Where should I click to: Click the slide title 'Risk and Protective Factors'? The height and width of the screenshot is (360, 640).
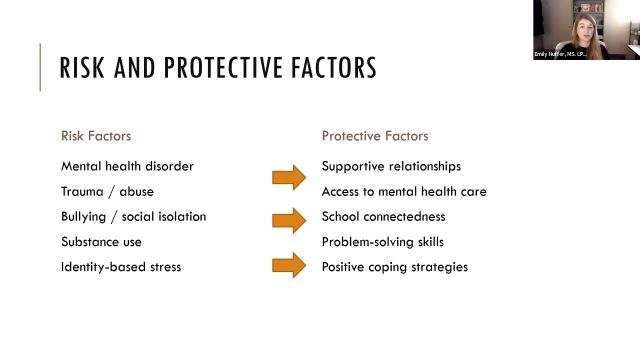point(218,68)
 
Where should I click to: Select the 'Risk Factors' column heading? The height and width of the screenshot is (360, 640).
point(96,136)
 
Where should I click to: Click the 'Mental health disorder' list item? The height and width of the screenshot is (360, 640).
point(127,166)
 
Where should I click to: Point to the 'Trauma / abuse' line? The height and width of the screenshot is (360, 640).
point(107,191)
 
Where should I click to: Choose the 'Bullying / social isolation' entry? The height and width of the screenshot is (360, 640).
point(134,216)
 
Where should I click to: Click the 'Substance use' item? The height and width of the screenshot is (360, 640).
point(101,241)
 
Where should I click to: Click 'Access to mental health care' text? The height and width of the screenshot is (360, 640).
point(404,191)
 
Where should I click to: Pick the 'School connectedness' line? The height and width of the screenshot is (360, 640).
point(383,216)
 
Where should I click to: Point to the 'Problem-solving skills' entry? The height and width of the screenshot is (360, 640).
point(382,241)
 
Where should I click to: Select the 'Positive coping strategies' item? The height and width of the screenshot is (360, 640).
point(394,266)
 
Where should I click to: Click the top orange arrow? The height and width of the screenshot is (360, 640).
point(288,179)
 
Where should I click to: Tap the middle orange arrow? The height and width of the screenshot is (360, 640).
point(288,217)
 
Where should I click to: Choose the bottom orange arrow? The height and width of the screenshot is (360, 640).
point(288,266)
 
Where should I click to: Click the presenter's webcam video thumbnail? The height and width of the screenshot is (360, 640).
point(586,30)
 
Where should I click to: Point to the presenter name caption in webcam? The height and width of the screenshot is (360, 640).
point(561,55)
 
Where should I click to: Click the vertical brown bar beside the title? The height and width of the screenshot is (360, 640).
point(41,67)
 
